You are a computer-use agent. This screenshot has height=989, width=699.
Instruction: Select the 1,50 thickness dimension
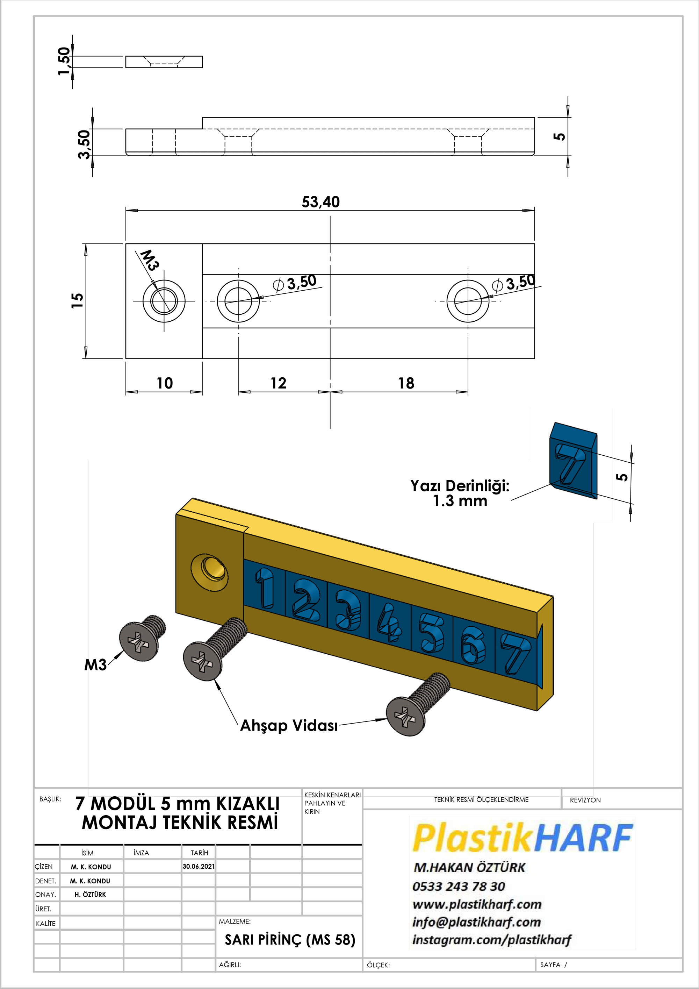[x=64, y=61]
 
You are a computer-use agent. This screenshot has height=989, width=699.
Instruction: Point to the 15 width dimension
[x=77, y=300]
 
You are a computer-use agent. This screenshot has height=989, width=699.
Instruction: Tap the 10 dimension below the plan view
[x=164, y=383]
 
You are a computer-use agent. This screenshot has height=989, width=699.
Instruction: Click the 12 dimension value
[x=278, y=383]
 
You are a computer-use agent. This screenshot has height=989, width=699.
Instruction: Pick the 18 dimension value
[x=406, y=383]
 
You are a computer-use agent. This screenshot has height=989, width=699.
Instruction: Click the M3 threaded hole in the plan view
[x=164, y=301]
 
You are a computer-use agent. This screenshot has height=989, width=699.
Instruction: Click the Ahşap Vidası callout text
[x=289, y=725]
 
